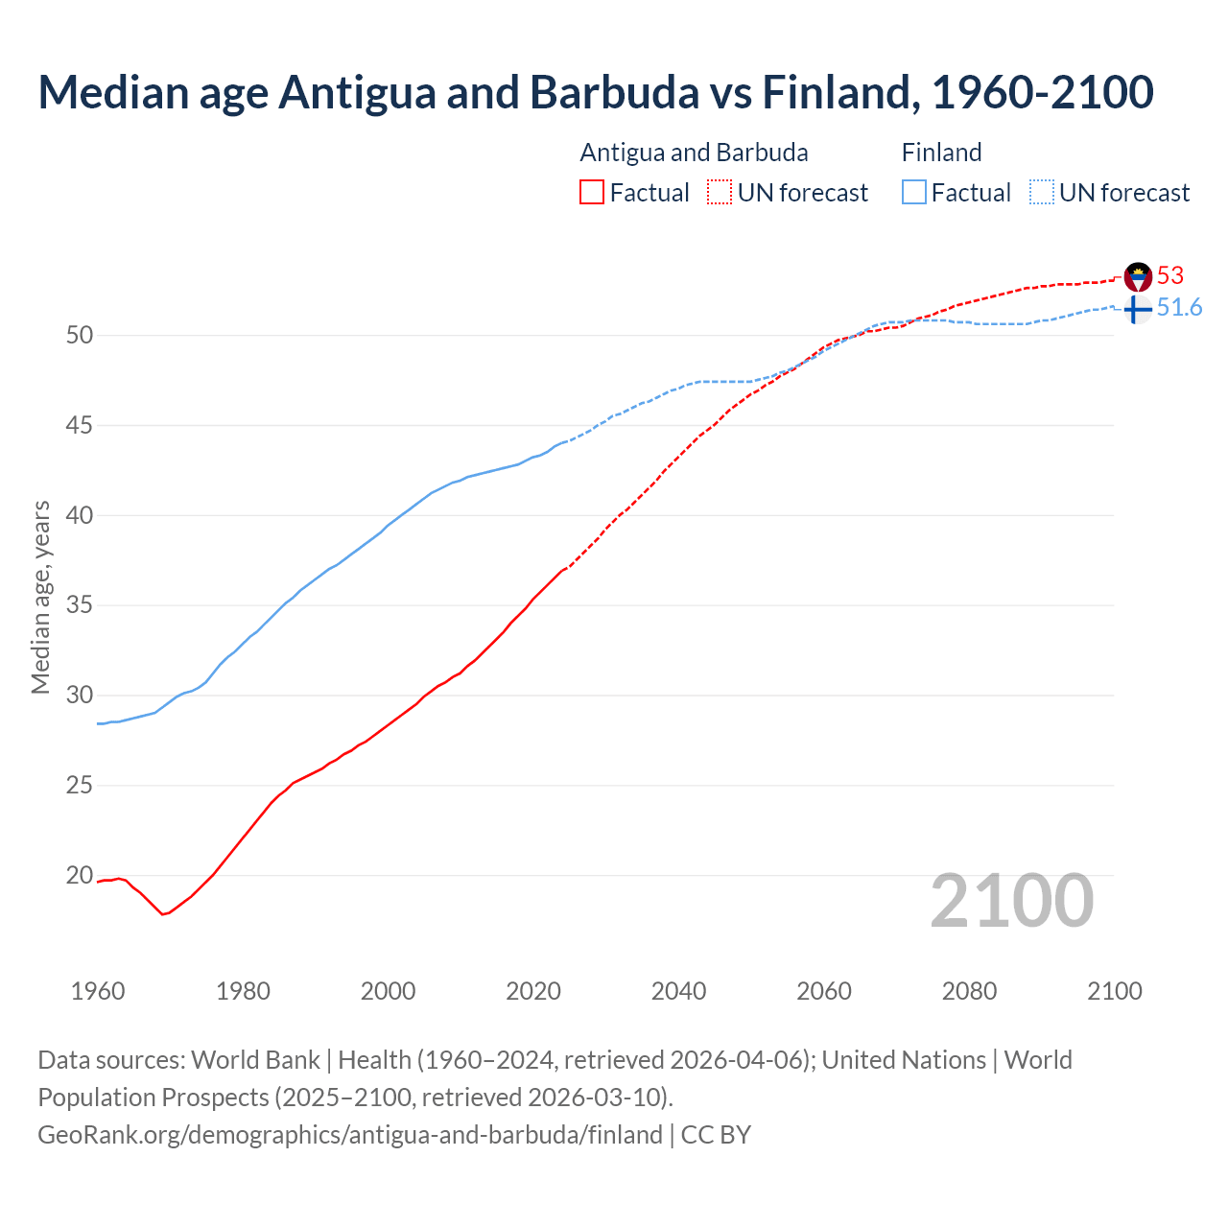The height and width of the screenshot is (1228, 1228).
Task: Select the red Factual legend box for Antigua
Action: pyautogui.click(x=592, y=193)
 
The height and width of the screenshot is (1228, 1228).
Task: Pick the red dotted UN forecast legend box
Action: pyautogui.click(x=720, y=193)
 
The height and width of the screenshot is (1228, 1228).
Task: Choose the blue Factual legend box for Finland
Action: pyautogui.click(x=914, y=193)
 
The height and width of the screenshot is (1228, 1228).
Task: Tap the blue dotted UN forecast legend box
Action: pyautogui.click(x=1042, y=193)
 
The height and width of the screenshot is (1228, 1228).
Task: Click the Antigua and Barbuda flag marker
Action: pyautogui.click(x=1138, y=276)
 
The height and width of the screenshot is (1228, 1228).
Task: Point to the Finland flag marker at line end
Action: pyautogui.click(x=1137, y=309)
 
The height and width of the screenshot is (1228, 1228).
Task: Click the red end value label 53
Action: pyautogui.click(x=1170, y=276)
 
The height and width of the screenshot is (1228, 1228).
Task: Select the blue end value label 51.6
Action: pyautogui.click(x=1180, y=308)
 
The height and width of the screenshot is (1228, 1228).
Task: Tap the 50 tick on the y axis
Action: pyautogui.click(x=80, y=335)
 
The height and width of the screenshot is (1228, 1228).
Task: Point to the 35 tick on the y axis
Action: pyautogui.click(x=80, y=605)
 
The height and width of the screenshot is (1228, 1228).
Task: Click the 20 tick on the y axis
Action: pyautogui.click(x=80, y=875)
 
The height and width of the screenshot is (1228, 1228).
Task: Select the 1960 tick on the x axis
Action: pyautogui.click(x=98, y=991)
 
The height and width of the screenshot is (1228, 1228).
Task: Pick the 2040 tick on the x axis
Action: pyautogui.click(x=678, y=991)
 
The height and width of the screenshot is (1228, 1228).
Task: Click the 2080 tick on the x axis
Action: pyautogui.click(x=969, y=991)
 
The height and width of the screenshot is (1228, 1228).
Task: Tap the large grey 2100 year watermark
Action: pyautogui.click(x=1012, y=900)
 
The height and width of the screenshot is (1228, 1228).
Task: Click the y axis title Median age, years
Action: pyautogui.click(x=40, y=597)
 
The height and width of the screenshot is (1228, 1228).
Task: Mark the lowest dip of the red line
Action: pyautogui.click(x=163, y=914)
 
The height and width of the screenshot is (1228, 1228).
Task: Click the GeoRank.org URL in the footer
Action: pyautogui.click(x=350, y=1135)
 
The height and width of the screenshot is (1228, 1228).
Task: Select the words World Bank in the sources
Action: pyautogui.click(x=255, y=1060)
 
